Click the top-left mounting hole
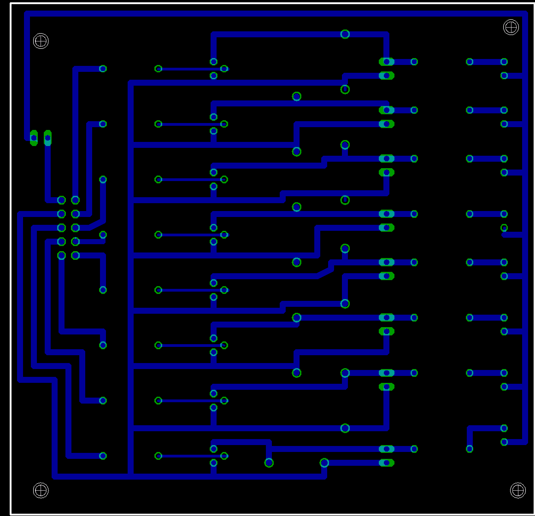coord(41,41)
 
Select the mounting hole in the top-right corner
coord(511,27)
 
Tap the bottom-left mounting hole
coord(41,490)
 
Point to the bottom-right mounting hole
coord(518,490)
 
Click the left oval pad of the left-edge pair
coord(34,138)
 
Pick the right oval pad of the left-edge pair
coord(47,138)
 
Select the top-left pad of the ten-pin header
coord(61,200)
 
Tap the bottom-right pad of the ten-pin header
coord(76,255)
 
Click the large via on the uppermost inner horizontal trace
coord(345,34)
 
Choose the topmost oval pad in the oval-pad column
coord(386,62)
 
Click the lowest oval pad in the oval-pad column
coord(386,463)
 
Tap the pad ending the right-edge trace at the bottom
coord(504,442)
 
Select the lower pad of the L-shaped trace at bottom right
coord(470,449)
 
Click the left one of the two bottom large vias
coord(269,463)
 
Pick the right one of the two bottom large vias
coord(324,463)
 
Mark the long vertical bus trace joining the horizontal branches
coord(131,276)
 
